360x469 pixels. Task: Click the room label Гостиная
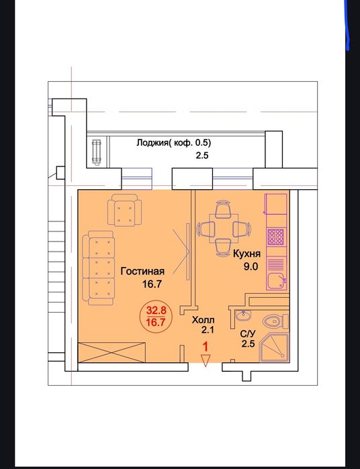tap(142, 271)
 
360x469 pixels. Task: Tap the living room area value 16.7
tap(152, 284)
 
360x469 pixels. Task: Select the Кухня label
tap(246, 254)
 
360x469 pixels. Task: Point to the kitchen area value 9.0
tap(251, 266)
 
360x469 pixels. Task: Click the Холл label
tap(203, 320)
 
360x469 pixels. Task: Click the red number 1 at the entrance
tap(206, 347)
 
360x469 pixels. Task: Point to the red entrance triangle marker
tap(206, 360)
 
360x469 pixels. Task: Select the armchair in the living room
tap(124, 209)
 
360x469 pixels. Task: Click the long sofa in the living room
tap(99, 268)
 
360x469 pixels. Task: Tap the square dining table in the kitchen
tap(224, 229)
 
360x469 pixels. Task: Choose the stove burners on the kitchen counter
tap(276, 237)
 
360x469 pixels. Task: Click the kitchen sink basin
tap(277, 281)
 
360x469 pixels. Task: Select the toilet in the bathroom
tap(275, 321)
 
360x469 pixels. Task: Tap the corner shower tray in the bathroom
tap(274, 348)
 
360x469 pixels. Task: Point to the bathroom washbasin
tap(243, 315)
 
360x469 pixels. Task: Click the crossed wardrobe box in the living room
tap(111, 353)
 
